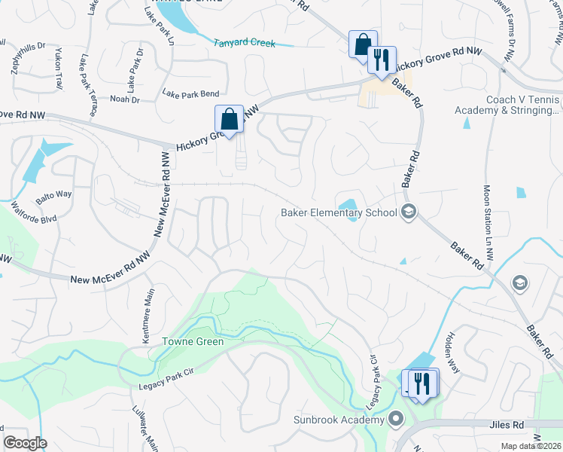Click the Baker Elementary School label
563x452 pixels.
pos(339,212)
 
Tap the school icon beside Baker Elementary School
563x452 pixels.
pos(409,212)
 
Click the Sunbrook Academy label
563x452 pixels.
pos(340,420)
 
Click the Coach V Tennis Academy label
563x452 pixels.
pos(507,105)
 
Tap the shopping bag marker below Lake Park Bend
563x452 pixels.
pos(229,119)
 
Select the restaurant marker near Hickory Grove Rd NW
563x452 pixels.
pos(382,60)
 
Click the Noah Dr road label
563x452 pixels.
pos(125,99)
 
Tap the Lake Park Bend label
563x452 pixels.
pos(190,94)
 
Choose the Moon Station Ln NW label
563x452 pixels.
pos(488,224)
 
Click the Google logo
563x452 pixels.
pos(24,442)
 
